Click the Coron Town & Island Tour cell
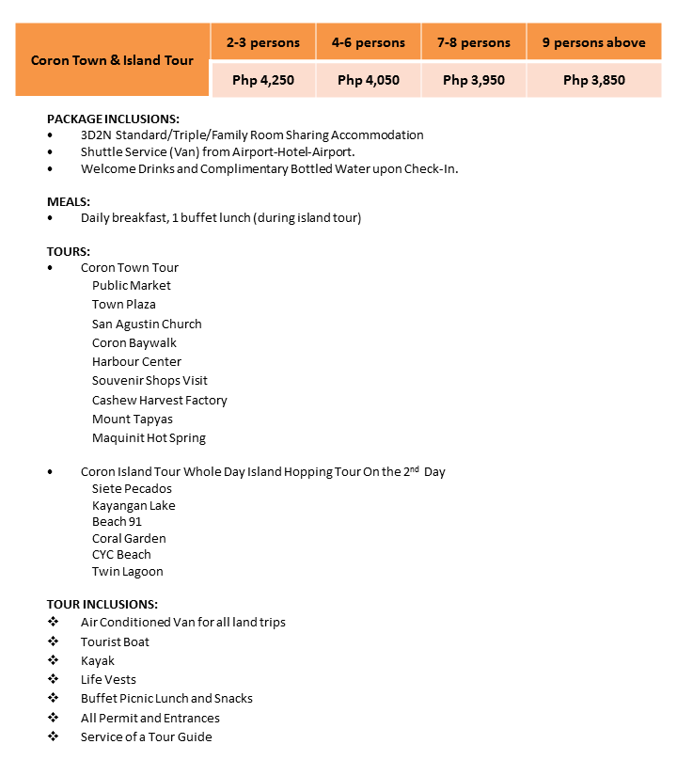112,60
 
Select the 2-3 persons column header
263,42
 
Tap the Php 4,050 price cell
369,80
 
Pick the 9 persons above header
593,42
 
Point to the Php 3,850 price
593,80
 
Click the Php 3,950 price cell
474,80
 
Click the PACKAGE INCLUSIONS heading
113,119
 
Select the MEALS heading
69,201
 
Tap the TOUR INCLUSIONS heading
102,604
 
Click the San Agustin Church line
147,324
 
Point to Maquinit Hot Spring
149,437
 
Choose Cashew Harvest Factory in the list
159,400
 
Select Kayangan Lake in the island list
134,505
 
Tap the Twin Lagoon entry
127,571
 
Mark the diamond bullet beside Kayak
53,660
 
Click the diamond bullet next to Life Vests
53,679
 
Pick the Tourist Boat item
115,641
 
